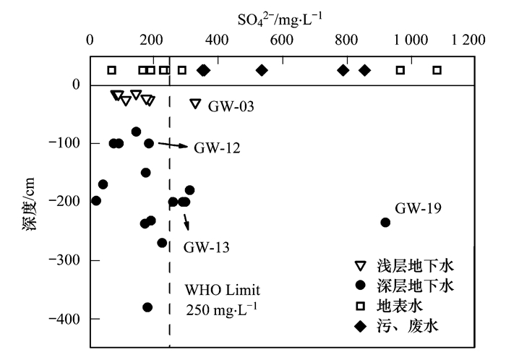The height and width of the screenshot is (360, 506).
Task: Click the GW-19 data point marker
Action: (385, 222)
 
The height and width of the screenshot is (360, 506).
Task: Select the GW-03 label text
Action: (231, 107)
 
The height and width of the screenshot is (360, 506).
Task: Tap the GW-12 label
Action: (217, 148)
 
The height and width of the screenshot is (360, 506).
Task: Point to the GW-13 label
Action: (206, 247)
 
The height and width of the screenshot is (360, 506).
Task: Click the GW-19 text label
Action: (418, 209)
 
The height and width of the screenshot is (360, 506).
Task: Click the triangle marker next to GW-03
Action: (194, 103)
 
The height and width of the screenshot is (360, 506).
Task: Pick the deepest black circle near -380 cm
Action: (147, 307)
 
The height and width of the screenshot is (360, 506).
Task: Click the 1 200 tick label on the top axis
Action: (470, 40)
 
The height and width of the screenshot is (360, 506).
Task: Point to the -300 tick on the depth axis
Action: (67, 260)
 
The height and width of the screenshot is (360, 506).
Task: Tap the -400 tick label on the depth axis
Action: (67, 319)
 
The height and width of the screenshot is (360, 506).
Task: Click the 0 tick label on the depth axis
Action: (75, 85)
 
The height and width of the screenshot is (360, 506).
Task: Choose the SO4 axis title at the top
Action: (280, 15)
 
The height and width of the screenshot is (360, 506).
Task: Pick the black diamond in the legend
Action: (361, 326)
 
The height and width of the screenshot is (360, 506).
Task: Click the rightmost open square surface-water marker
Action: (437, 70)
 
